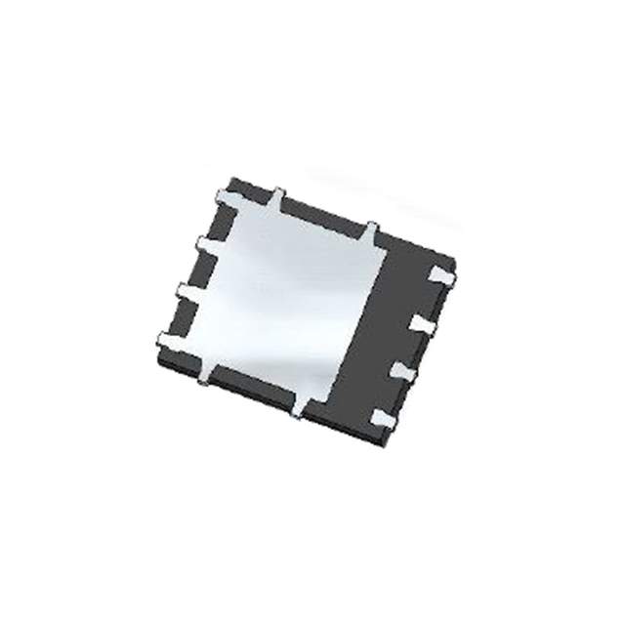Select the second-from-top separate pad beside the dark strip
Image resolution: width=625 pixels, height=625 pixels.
pos(422,323)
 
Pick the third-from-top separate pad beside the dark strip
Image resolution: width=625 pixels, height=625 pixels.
pos(404,371)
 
